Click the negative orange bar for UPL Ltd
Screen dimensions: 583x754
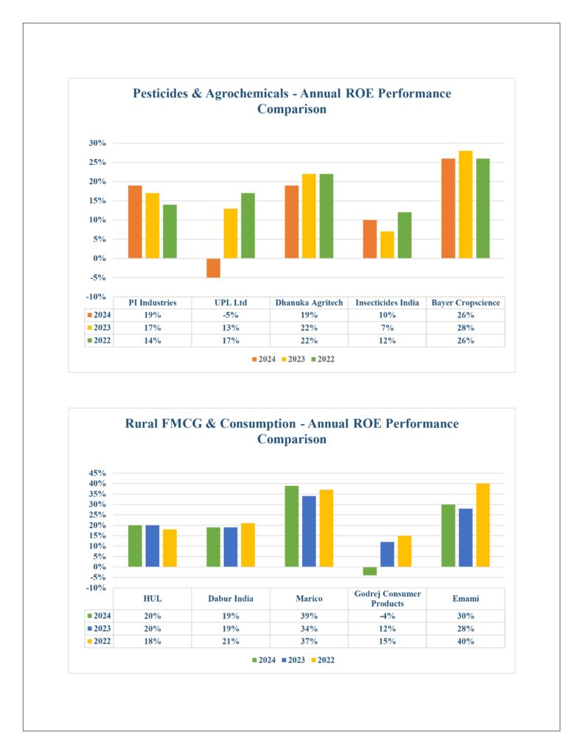pos(213,268)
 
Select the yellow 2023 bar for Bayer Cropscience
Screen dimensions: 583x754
pos(466,205)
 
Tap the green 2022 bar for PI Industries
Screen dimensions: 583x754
pos(170,231)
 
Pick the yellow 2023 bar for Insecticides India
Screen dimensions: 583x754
pos(387,244)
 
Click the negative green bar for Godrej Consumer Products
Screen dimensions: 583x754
pos(370,571)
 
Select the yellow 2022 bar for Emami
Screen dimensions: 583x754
pos(483,525)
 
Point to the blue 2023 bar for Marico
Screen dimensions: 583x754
pos(309,532)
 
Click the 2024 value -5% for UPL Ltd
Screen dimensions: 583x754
pos(231,315)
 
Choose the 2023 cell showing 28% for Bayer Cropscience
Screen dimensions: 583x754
pos(466,328)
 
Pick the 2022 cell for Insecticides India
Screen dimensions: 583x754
pos(387,340)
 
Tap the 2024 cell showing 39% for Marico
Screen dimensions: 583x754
pos(309,616)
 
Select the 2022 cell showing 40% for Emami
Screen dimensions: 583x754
pos(466,641)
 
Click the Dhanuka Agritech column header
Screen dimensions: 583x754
pos(309,303)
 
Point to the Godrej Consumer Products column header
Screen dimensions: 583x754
pos(388,599)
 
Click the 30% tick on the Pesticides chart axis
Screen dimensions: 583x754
pos(97,143)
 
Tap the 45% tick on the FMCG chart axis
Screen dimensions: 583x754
pos(97,473)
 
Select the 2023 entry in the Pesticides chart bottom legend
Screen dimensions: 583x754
pos(293,359)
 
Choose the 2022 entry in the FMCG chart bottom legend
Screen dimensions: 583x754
pos(323,660)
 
